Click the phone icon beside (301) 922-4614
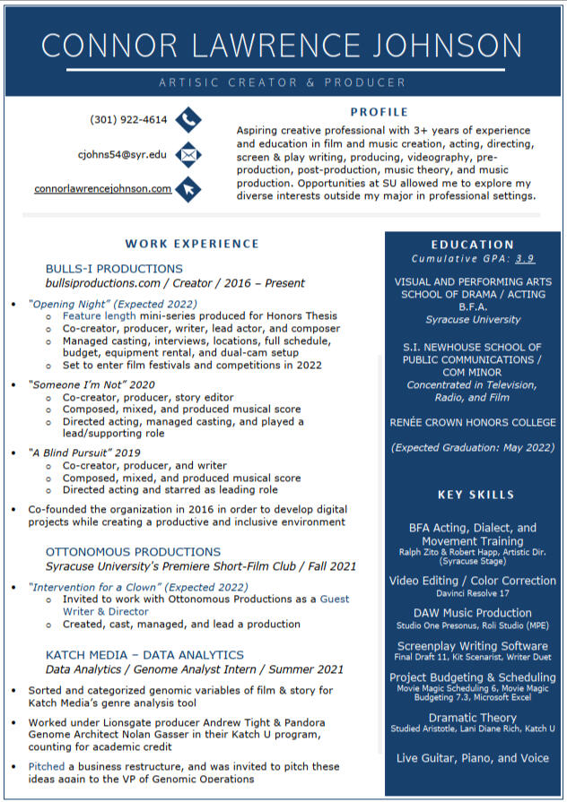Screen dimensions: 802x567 188,119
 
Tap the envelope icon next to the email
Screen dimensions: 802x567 188,154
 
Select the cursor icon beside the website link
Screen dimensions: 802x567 188,189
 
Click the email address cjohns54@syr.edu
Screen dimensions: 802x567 122,154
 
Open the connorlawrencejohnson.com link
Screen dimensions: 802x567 102,189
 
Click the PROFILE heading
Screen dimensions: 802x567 379,112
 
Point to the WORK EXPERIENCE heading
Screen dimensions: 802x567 192,244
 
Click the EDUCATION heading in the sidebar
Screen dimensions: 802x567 472,245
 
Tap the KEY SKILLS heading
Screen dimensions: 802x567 475,495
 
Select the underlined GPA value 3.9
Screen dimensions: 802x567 525,259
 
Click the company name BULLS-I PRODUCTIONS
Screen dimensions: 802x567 114,269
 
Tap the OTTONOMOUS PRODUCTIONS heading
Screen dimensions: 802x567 133,552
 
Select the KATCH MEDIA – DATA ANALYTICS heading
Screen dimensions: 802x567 144,655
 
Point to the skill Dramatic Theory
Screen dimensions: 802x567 472,718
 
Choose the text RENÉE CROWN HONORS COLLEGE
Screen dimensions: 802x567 473,422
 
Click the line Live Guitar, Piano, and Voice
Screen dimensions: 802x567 473,758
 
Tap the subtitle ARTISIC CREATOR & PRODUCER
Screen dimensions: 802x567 282,82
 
